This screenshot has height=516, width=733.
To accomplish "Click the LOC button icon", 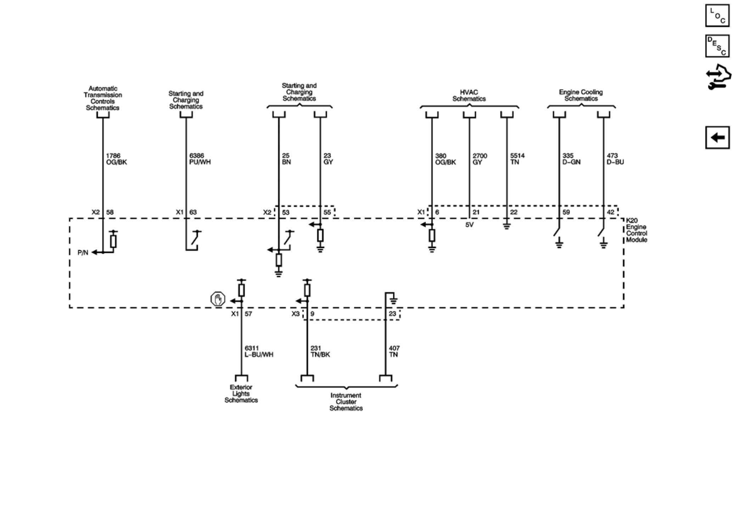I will point(717,16).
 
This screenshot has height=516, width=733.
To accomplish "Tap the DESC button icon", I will point(717,46).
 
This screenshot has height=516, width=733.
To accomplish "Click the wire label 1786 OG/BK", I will point(116,159).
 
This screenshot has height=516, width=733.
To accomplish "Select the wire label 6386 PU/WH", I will point(200,159).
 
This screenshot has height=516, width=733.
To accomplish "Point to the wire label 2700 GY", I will point(480,159).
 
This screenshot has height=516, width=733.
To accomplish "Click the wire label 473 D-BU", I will point(615,159).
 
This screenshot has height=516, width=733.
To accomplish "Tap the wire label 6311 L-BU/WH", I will point(259,351).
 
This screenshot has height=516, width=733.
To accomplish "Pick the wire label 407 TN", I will point(394,351).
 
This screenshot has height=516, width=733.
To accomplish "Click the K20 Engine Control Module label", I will point(636,230).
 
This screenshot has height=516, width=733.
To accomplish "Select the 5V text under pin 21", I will point(469,225).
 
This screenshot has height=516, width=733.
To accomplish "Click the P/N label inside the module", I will point(83,253).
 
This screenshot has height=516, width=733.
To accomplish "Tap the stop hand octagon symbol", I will point(218,300).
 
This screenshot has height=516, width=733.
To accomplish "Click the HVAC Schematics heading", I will point(469,95).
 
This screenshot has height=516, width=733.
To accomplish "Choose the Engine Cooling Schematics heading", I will point(581,95).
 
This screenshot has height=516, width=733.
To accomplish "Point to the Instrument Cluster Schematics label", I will point(346,402).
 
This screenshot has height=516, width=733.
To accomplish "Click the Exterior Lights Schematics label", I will point(241,394).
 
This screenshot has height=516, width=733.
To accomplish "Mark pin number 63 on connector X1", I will point(193,212).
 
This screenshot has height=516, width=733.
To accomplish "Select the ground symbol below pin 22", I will point(507,226).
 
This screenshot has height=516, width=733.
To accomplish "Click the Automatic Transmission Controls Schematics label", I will point(103,98).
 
